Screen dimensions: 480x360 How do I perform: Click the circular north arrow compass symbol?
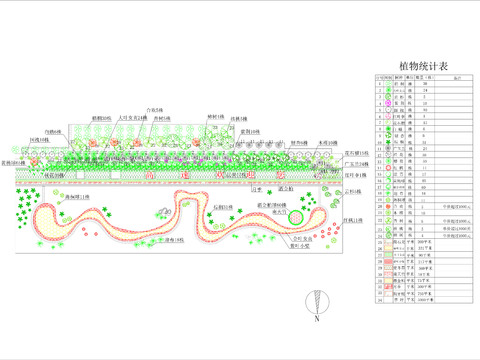pos(317,299)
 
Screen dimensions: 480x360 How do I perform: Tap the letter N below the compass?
pos(317,321)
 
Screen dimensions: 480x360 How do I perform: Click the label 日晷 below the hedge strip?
pos(254,187)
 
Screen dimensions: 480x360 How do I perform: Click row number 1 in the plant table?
pos(379,82)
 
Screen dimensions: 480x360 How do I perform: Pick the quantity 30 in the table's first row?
pos(425,82)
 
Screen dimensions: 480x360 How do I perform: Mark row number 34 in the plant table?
pos(379,299)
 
